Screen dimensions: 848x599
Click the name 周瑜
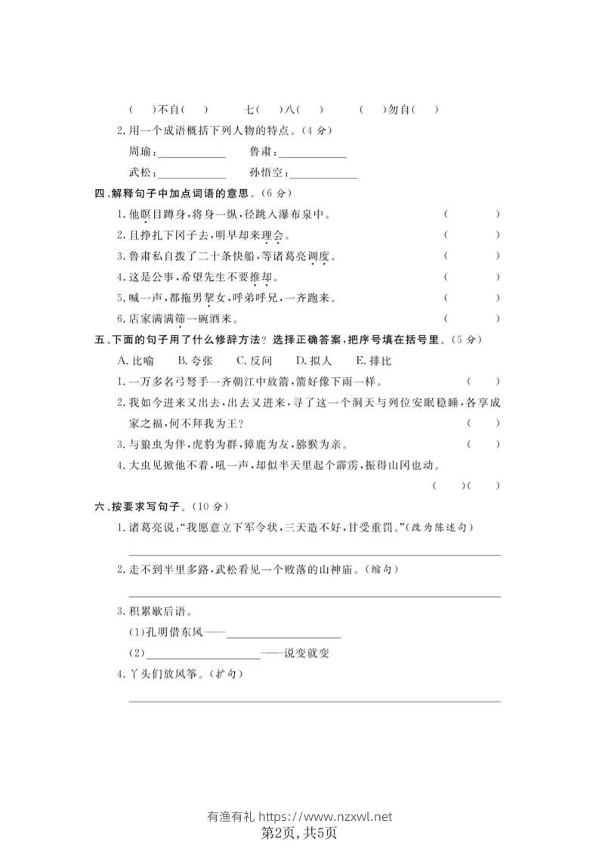click(140, 152)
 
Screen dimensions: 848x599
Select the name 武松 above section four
click(140, 174)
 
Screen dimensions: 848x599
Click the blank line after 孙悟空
click(325, 176)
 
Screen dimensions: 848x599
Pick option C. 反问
click(254, 361)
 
